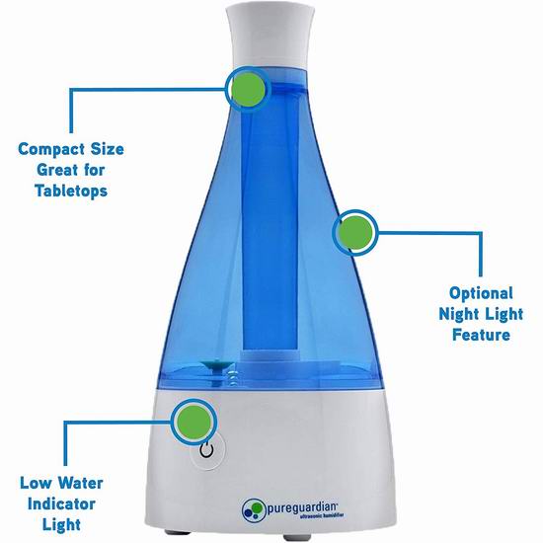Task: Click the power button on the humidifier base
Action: [207, 451]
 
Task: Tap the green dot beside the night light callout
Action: [355, 233]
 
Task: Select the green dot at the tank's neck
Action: [248, 89]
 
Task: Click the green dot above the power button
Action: [194, 423]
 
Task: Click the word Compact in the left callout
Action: [51, 150]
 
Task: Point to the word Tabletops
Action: [71, 191]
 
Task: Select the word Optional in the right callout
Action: [481, 293]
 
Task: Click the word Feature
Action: [481, 335]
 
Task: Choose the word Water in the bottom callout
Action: [80, 483]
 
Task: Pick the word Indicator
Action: [61, 504]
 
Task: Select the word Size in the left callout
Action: [108, 150]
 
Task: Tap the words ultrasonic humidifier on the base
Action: [321, 516]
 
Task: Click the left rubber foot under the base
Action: [177, 531]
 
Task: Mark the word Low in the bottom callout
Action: [36, 483]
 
